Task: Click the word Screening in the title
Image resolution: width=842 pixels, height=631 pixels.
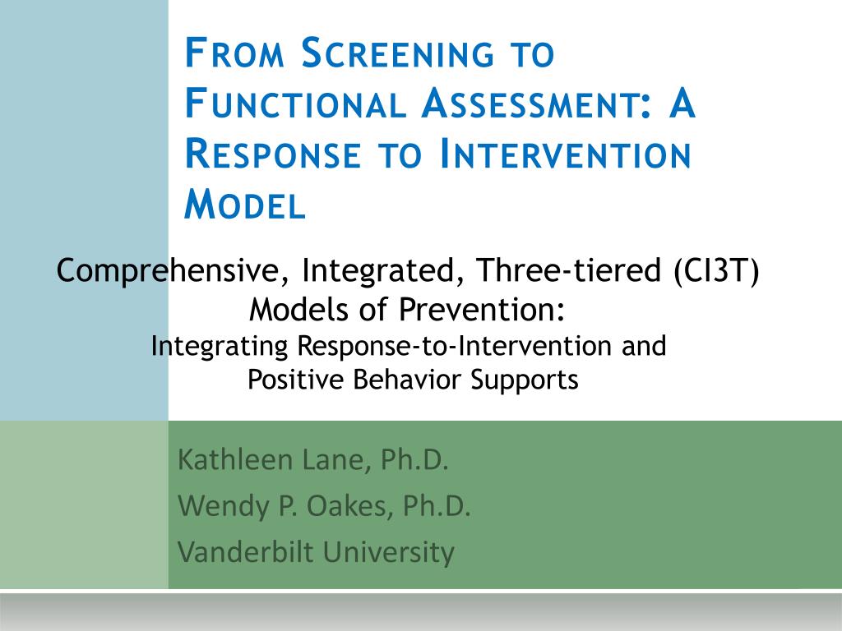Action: (398, 53)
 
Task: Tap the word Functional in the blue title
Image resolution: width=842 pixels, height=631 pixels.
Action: (295, 104)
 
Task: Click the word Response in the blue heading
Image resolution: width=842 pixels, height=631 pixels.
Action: (273, 154)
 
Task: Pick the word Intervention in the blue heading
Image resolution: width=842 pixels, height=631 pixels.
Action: (565, 154)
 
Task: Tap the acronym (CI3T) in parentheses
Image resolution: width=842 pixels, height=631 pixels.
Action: (716, 269)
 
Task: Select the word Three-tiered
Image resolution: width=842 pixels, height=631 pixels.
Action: (569, 269)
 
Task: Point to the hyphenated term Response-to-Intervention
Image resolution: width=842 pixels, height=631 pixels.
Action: (454, 346)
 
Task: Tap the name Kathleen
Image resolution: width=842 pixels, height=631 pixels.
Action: (234, 460)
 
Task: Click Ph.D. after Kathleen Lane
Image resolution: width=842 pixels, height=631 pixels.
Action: (414, 460)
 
